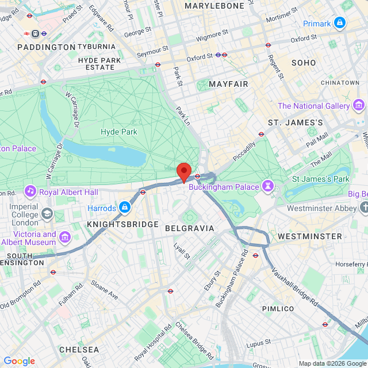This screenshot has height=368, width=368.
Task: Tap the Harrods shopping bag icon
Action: pyautogui.click(x=124, y=207)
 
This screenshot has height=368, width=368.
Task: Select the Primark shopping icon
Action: pyautogui.click(x=340, y=23)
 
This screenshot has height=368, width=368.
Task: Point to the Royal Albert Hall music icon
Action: pyautogui.click(x=30, y=191)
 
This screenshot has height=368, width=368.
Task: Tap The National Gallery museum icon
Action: pyautogui.click(x=359, y=105)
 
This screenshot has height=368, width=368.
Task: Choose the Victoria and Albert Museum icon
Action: pyautogui.click(x=64, y=236)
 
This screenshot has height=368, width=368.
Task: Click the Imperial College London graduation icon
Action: pyautogui.click(x=45, y=215)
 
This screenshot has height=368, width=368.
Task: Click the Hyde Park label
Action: pyautogui.click(x=119, y=132)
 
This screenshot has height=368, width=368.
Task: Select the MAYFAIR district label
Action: pyautogui.click(x=228, y=84)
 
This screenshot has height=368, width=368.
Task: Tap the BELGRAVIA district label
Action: pyautogui.click(x=189, y=228)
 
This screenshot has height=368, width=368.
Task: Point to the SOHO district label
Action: pyautogui.click(x=304, y=62)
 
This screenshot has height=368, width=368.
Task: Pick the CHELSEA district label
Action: pyautogui.click(x=79, y=349)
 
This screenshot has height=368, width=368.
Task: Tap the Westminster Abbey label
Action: pyautogui.click(x=322, y=208)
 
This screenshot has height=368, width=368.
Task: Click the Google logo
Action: pyautogui.click(x=19, y=361)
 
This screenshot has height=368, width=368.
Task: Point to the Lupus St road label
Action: pyautogui.click(x=258, y=343)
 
